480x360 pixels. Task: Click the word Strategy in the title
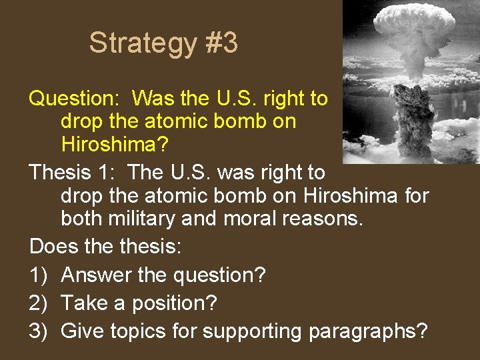click(143, 43)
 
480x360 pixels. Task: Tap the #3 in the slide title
click(221, 43)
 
